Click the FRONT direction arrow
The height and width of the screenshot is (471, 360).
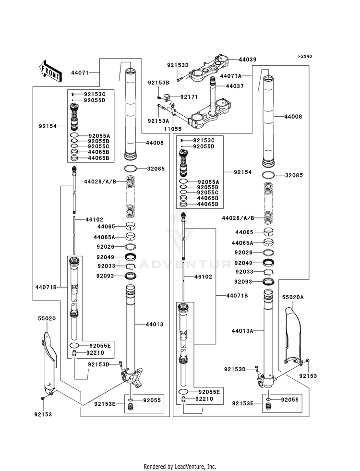point(50,71)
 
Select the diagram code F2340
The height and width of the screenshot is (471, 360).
point(305,56)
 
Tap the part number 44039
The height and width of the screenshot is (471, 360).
point(247,60)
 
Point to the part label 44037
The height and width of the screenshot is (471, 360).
point(235,86)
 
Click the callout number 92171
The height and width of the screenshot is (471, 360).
point(189,97)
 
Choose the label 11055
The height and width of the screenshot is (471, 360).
point(173,129)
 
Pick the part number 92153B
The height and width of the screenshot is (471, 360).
point(158,83)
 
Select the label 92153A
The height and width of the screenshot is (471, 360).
point(158,121)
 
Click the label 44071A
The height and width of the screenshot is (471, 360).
point(230,76)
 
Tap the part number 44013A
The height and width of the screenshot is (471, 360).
point(242,331)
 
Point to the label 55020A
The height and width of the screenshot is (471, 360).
point(293,297)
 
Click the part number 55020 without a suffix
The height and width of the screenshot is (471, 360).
point(47,318)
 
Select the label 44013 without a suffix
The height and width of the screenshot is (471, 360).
point(155,325)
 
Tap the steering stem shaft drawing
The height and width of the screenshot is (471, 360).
point(214,96)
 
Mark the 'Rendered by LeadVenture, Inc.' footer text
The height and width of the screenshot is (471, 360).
point(180,467)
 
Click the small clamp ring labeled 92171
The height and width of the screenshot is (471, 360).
point(167,97)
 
